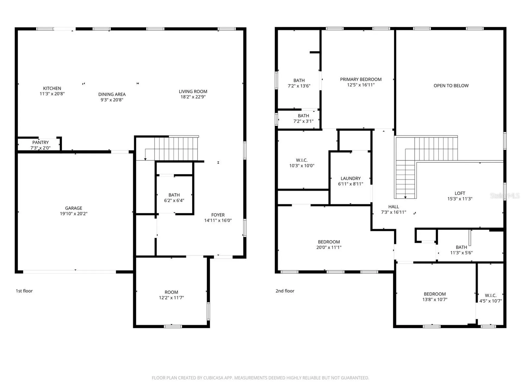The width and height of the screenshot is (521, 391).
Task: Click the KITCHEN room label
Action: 52,88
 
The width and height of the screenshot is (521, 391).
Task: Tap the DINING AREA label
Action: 112,94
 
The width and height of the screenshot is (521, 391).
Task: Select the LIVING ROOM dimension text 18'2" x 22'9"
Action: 193,97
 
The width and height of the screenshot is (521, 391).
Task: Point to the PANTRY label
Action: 40,142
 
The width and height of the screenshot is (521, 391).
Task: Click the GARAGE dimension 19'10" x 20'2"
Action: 74,214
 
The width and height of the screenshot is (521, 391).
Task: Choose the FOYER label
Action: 218,215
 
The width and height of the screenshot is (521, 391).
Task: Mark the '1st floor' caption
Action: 24,291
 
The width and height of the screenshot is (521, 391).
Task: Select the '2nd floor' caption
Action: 285,291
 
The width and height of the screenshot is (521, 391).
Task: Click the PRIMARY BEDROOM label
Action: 361,79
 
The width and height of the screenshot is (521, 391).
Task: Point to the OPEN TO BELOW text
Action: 451,86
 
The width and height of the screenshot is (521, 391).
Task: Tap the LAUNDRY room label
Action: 351,178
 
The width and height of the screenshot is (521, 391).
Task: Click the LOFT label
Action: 460,193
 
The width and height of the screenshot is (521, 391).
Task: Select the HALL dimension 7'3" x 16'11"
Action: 393,212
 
